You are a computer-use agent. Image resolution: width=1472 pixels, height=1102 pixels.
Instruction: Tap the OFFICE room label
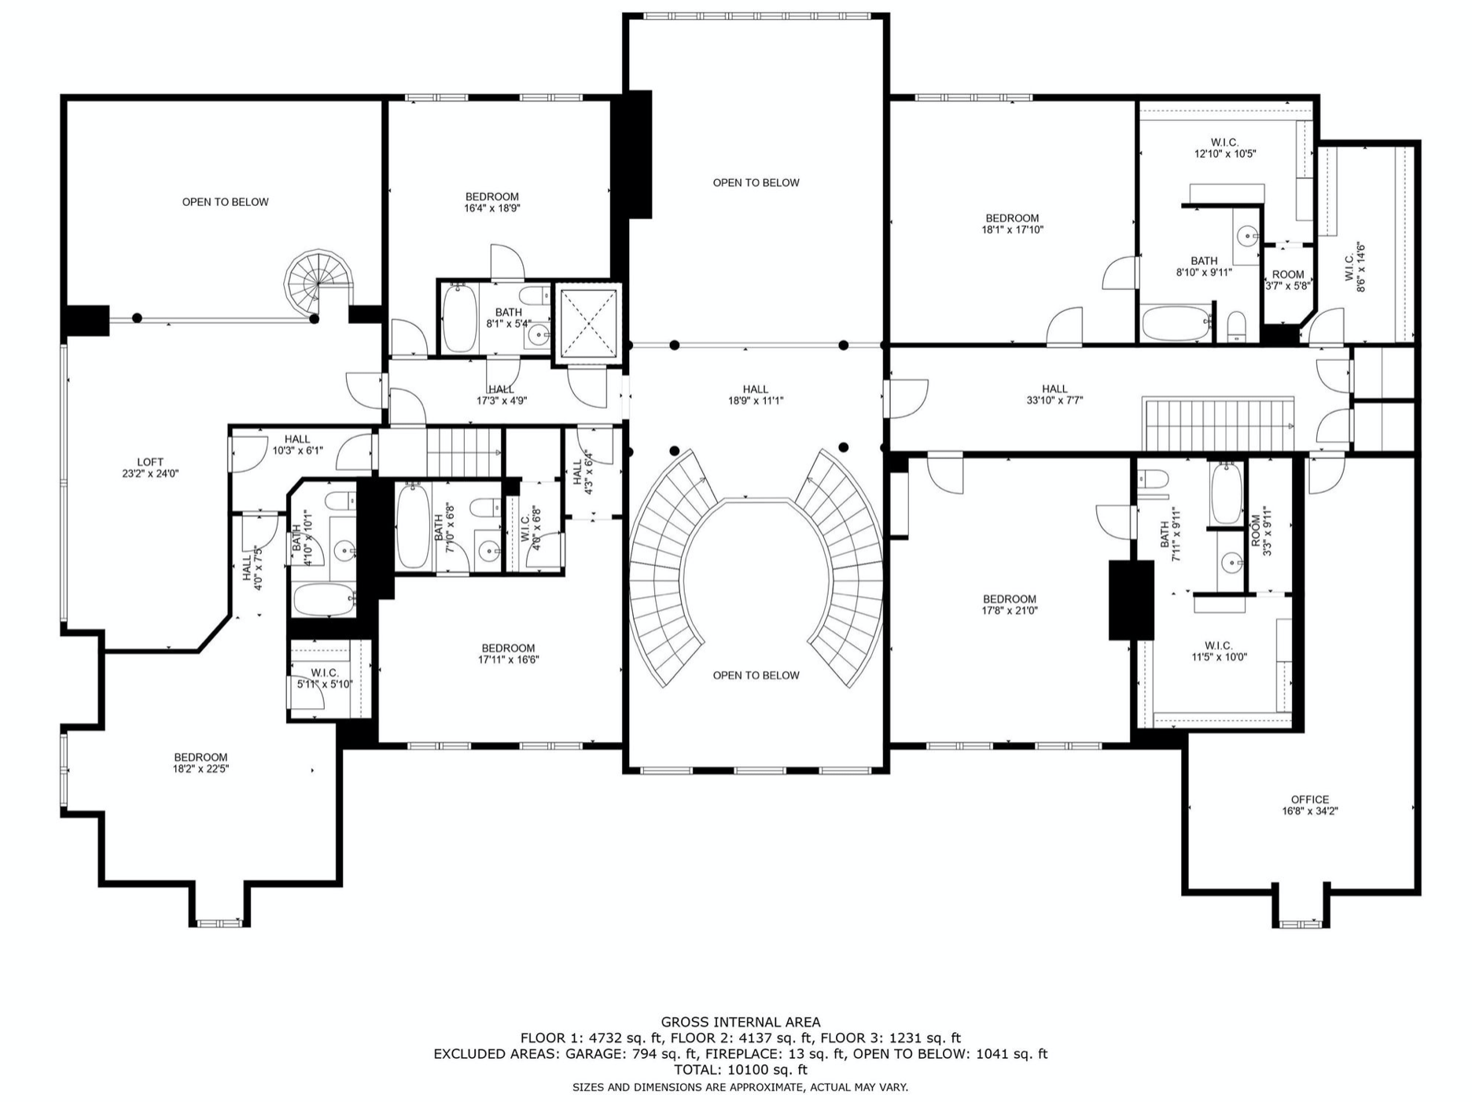coord(1309,799)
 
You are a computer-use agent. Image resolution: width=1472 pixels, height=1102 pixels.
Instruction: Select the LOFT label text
coord(150,462)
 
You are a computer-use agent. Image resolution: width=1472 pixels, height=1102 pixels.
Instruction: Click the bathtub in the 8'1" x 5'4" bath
coord(459,318)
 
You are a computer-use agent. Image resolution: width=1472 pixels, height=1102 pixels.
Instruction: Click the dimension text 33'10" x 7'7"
coord(1054,400)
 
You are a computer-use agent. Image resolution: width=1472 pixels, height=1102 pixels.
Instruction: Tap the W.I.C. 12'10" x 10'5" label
coord(1224,148)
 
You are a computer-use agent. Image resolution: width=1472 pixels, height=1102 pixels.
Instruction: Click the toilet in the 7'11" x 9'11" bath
coord(1153,480)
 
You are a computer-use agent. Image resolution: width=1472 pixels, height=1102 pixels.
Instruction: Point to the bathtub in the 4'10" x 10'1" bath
coord(325,601)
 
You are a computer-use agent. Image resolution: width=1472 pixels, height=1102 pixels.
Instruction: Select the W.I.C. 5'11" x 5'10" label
coord(324,678)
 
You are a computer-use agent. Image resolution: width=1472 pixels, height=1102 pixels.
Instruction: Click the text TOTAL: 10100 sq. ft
coord(740,1070)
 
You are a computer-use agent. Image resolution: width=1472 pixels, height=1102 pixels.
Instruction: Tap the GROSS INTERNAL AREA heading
coord(740,1023)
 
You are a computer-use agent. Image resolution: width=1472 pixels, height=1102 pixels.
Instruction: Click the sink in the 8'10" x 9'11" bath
coord(1246,235)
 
